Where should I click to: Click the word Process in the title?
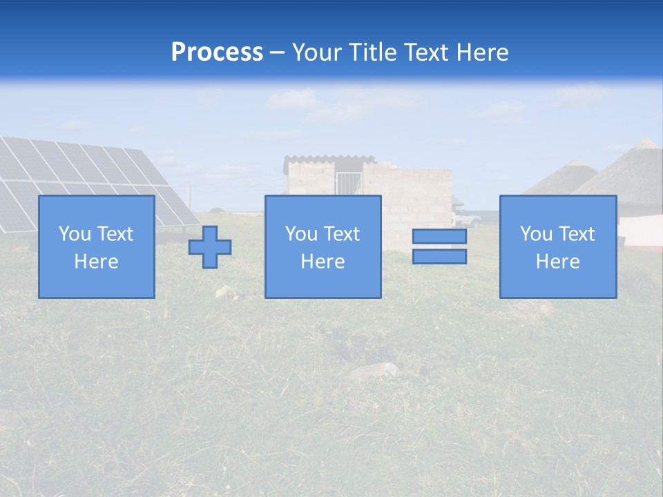(x=217, y=52)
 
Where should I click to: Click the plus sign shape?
(x=210, y=247)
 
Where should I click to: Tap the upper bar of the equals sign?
(x=439, y=237)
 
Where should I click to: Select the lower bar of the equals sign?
(x=439, y=257)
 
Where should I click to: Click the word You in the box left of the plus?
(x=74, y=234)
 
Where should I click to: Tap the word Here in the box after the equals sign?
(x=557, y=262)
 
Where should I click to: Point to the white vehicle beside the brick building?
(x=468, y=220)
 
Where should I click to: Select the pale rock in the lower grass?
(x=374, y=371)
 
